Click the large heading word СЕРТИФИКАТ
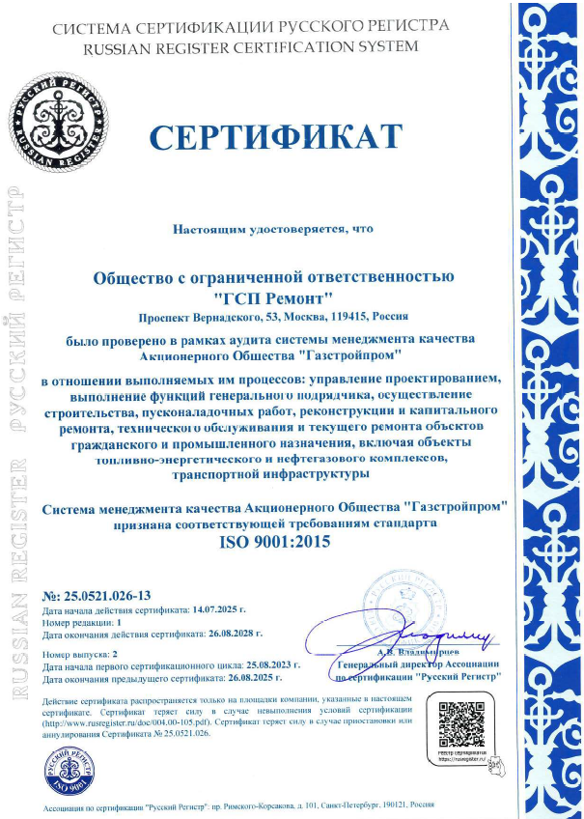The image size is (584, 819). [x=275, y=137]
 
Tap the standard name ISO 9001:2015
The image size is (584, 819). [x=276, y=542]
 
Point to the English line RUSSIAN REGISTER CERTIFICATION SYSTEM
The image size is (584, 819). [x=236, y=45]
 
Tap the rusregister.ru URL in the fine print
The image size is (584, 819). [x=129, y=721]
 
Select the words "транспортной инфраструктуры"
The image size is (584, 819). [x=276, y=475]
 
